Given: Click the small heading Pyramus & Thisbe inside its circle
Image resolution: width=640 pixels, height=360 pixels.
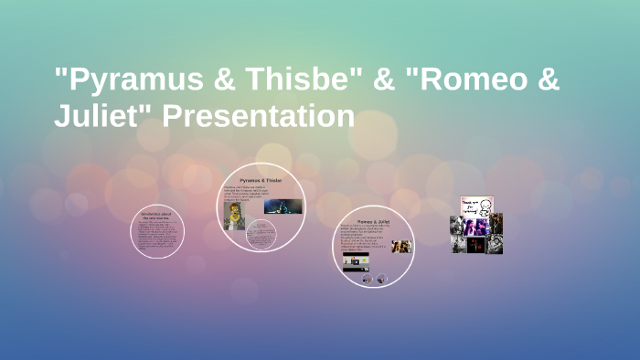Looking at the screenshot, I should tap(261, 180).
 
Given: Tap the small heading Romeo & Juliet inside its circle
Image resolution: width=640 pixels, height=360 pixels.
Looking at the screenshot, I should tap(374, 222).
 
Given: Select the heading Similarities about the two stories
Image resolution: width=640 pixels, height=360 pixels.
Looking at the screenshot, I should tap(157, 217).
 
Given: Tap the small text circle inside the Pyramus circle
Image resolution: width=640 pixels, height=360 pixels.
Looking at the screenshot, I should tap(261, 235).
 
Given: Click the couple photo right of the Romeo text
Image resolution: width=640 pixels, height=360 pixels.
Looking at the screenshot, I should tap(401, 247).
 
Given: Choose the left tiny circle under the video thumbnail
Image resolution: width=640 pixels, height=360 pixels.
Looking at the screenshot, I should tap(367, 280).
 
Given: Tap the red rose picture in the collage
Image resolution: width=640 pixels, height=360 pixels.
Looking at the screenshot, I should tap(475, 244).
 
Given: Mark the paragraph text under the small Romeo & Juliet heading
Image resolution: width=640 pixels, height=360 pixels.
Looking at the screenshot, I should tap(367, 239).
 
